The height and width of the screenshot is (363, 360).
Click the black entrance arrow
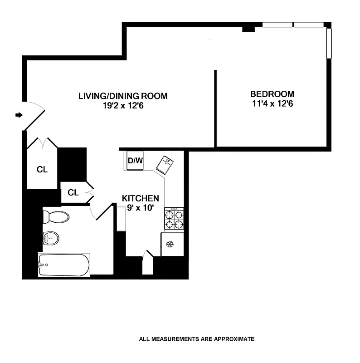tap(19, 115)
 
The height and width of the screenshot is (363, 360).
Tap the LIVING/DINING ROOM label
tap(123, 96)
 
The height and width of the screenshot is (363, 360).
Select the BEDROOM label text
tap(272, 94)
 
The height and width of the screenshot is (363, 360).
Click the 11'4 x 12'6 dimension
tap(272, 103)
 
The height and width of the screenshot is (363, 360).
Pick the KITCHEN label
tap(141, 198)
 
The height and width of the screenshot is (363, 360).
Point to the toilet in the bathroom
tap(56, 216)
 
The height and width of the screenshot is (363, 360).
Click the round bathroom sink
tap(51, 237)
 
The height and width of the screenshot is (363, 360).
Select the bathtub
tap(64, 265)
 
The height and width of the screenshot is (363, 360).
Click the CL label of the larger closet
tap(42, 170)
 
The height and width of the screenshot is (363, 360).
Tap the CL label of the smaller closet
tap(73, 192)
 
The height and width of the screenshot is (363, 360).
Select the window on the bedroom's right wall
tap(329, 43)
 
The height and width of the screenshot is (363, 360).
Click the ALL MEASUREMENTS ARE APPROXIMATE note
tap(197, 339)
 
